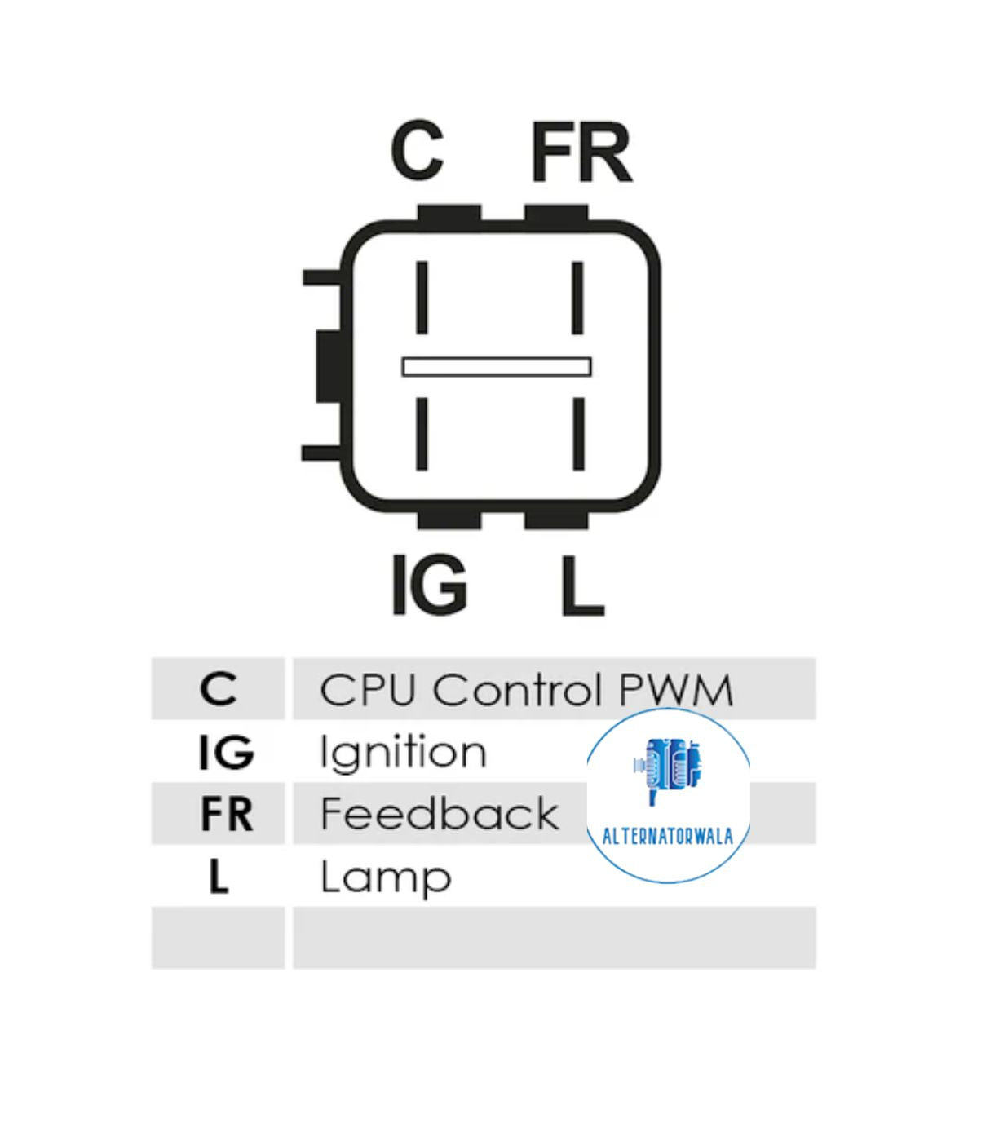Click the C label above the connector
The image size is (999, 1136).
(x=417, y=151)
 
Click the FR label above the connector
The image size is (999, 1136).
(x=581, y=152)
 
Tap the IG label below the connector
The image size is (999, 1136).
(x=429, y=585)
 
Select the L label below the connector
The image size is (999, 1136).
(x=581, y=586)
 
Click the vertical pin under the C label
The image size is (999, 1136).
(x=422, y=297)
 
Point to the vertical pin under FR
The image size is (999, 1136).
(x=577, y=297)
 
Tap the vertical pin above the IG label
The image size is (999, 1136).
(x=422, y=433)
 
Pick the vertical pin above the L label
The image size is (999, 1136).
(x=578, y=433)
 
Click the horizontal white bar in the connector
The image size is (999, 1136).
(x=496, y=366)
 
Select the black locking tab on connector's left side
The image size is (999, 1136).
(x=328, y=366)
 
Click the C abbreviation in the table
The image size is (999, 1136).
(x=218, y=689)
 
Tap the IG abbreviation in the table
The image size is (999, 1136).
(x=226, y=752)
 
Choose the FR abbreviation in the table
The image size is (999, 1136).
(x=226, y=814)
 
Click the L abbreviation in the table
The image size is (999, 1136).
(x=218, y=877)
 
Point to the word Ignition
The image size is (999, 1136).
(x=403, y=753)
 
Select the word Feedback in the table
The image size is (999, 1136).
(x=439, y=814)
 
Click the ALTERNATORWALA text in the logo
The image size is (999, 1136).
(x=667, y=836)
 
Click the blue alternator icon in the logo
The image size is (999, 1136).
(x=667, y=767)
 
